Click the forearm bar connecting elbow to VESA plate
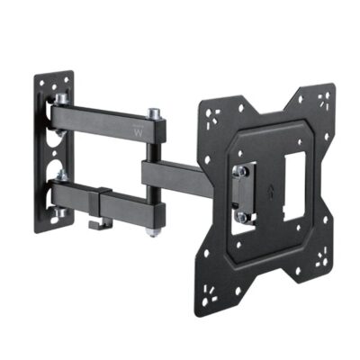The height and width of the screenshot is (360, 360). tap(180, 171)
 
